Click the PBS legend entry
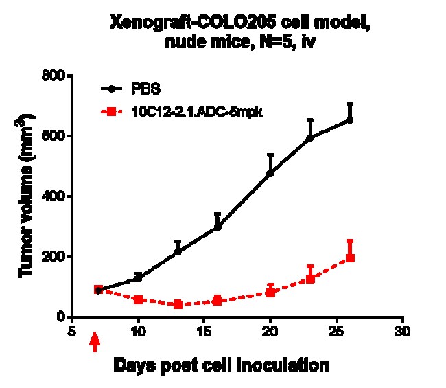147,89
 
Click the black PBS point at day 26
350,119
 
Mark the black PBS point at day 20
270,173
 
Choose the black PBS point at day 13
178,251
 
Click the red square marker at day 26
350,258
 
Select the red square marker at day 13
178,304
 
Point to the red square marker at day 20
270,292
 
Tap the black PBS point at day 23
310,137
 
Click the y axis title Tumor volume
28,197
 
